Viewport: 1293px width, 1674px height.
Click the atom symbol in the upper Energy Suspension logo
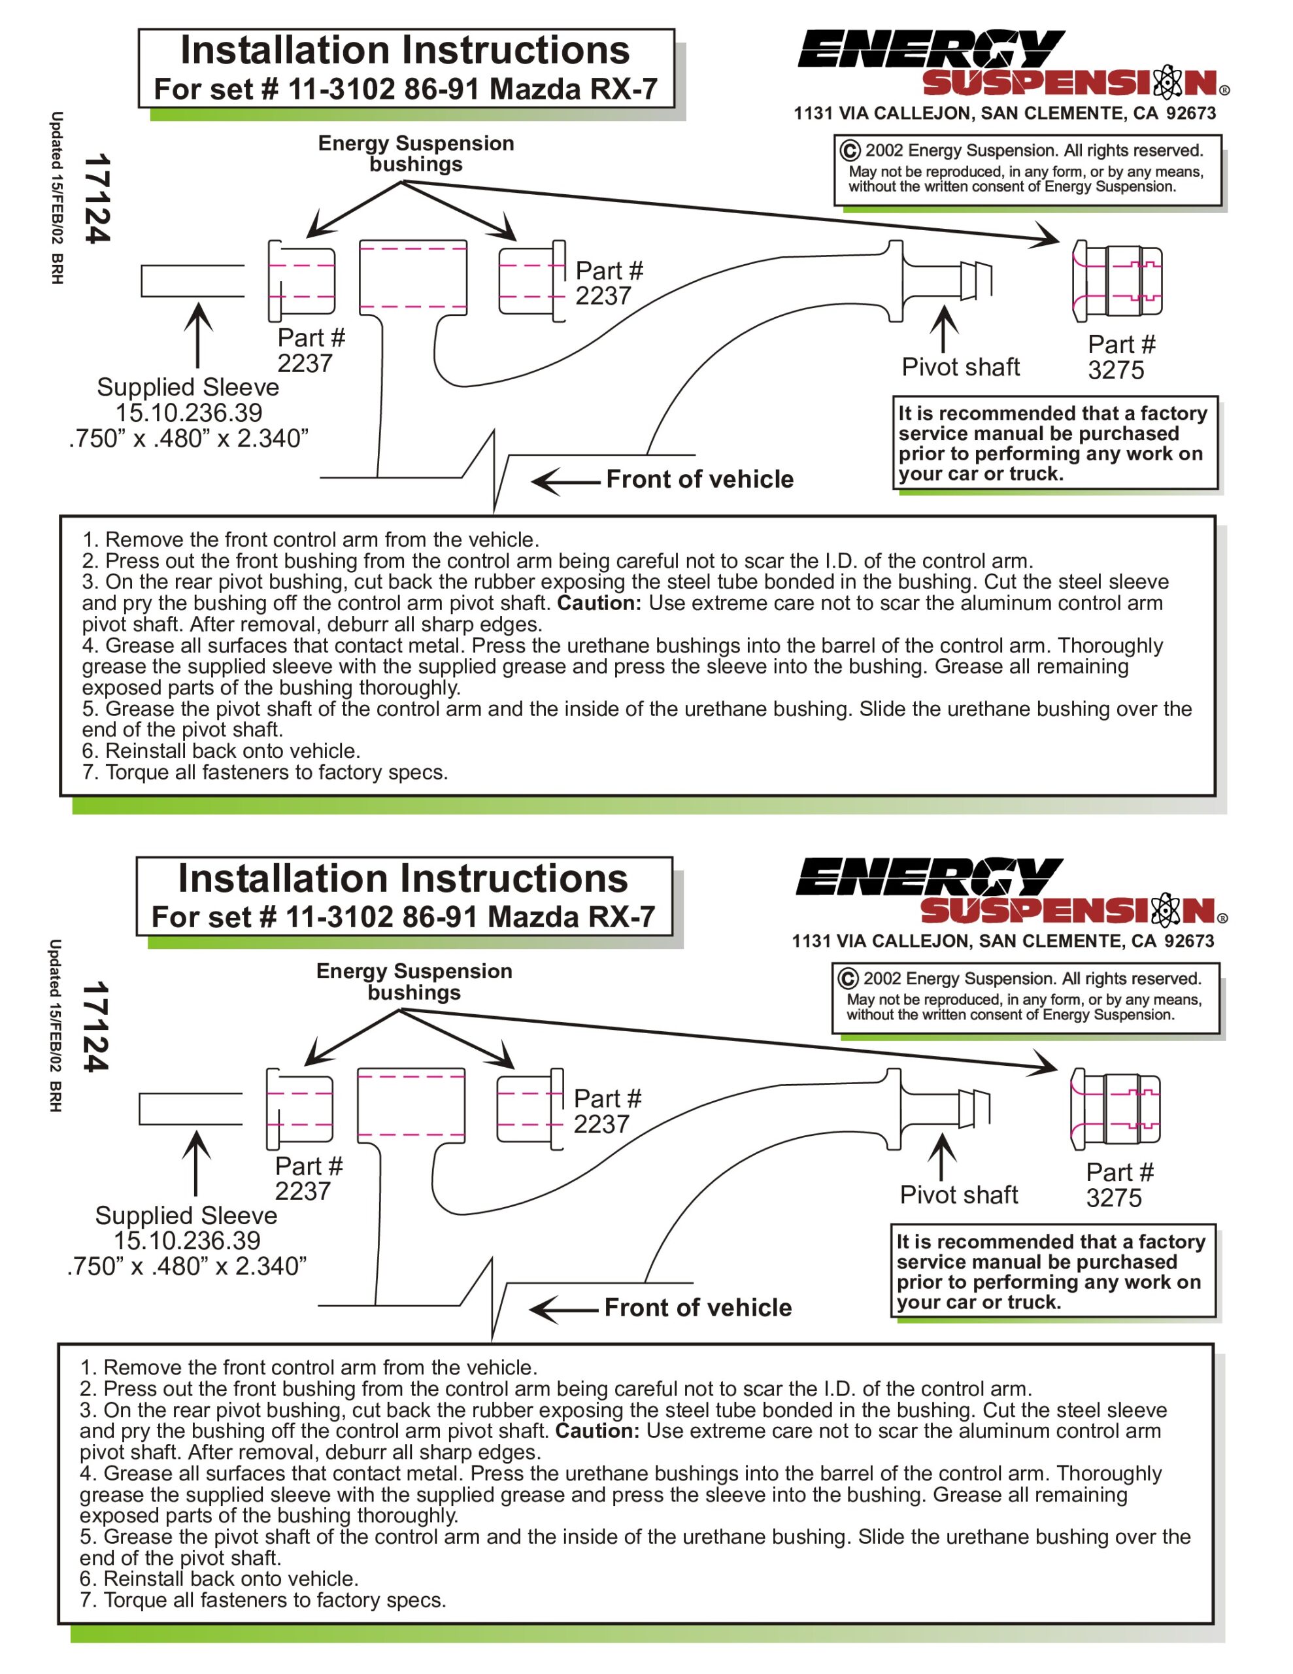(x=1167, y=81)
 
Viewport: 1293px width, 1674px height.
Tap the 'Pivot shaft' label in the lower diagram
(x=958, y=1194)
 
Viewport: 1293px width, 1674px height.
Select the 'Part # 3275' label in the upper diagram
(x=1120, y=357)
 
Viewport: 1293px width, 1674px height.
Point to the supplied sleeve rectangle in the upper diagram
(x=192, y=281)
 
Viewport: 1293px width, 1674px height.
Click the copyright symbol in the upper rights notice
(x=849, y=150)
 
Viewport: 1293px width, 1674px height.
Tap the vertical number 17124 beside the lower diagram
(x=97, y=1027)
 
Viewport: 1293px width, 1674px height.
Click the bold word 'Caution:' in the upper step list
(x=599, y=603)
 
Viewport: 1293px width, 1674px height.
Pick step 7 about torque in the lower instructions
(x=263, y=1599)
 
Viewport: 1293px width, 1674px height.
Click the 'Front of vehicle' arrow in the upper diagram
(x=565, y=482)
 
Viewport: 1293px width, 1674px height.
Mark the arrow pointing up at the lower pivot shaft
(x=942, y=1157)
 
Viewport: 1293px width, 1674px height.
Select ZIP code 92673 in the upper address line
(x=1190, y=113)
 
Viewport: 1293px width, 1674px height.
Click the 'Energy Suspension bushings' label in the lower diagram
(x=414, y=981)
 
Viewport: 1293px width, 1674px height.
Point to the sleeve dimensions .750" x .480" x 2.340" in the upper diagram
(x=188, y=438)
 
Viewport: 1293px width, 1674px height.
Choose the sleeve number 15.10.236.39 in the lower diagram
(x=187, y=1240)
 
